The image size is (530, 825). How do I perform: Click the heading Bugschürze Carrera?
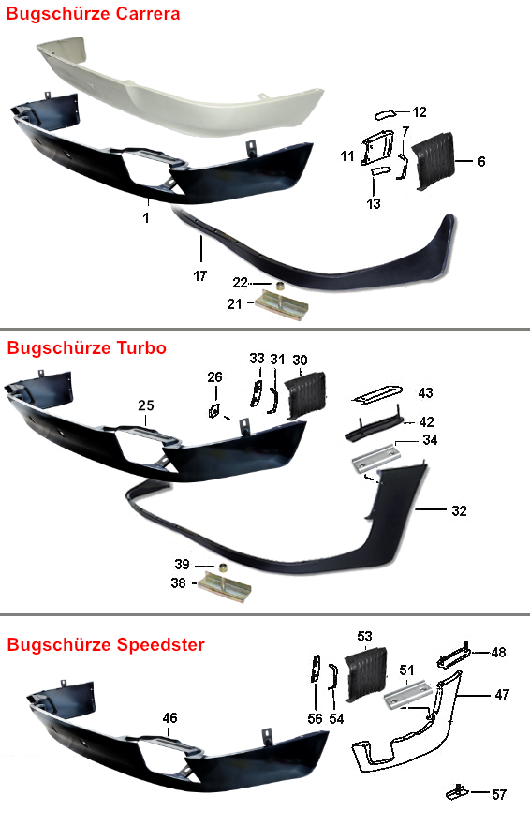(x=93, y=14)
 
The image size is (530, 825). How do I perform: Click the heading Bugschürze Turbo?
(x=87, y=347)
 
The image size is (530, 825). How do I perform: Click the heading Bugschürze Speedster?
(x=106, y=644)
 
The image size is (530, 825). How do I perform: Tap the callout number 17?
(x=200, y=275)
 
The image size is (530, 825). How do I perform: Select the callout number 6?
(x=481, y=161)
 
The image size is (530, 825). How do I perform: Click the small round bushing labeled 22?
(x=282, y=287)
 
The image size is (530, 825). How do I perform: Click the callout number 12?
(x=420, y=112)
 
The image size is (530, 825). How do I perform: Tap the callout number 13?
(x=374, y=203)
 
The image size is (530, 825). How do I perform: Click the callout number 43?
(x=425, y=392)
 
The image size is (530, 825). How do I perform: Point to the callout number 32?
(x=459, y=511)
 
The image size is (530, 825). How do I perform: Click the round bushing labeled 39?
(x=224, y=568)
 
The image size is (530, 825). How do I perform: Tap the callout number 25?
(x=146, y=405)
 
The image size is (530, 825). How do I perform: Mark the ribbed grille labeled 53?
(x=366, y=674)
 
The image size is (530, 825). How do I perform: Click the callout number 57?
(x=499, y=794)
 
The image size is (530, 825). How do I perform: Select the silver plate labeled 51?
(x=408, y=695)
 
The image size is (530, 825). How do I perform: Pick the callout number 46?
(x=170, y=717)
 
